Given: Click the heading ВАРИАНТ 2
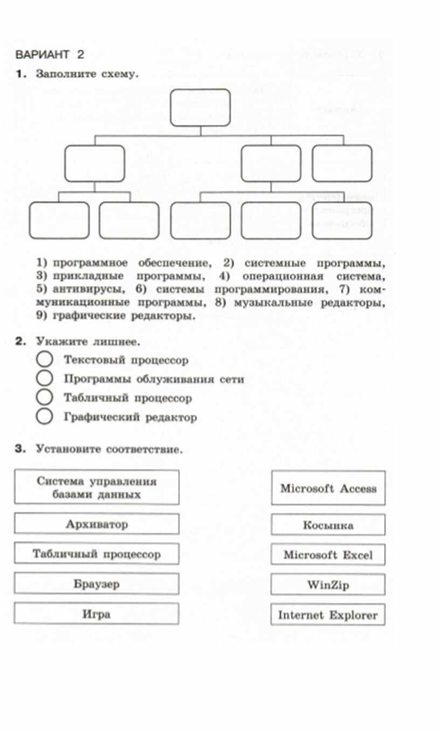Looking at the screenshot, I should [50, 54].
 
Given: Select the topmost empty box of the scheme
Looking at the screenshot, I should [201, 107].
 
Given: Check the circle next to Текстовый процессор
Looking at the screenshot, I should [45, 360].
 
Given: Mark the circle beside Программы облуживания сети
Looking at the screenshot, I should [45, 379].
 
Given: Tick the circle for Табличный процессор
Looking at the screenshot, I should [45, 398].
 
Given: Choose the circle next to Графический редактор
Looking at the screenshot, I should [45, 417].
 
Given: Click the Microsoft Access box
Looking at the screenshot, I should [328, 488].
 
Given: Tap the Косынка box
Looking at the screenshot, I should [328, 525].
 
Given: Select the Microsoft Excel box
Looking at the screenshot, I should [328, 555].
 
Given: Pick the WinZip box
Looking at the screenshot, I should [328, 584].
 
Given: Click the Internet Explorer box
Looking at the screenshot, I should [328, 615].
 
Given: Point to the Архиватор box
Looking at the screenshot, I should [97, 524].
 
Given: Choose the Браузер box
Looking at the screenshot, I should [97, 584].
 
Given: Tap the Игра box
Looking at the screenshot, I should [97, 613].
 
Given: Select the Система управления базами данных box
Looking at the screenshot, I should [97, 487].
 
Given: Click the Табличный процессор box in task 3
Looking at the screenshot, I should [97, 554].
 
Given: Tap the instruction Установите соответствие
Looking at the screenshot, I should [109, 449].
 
